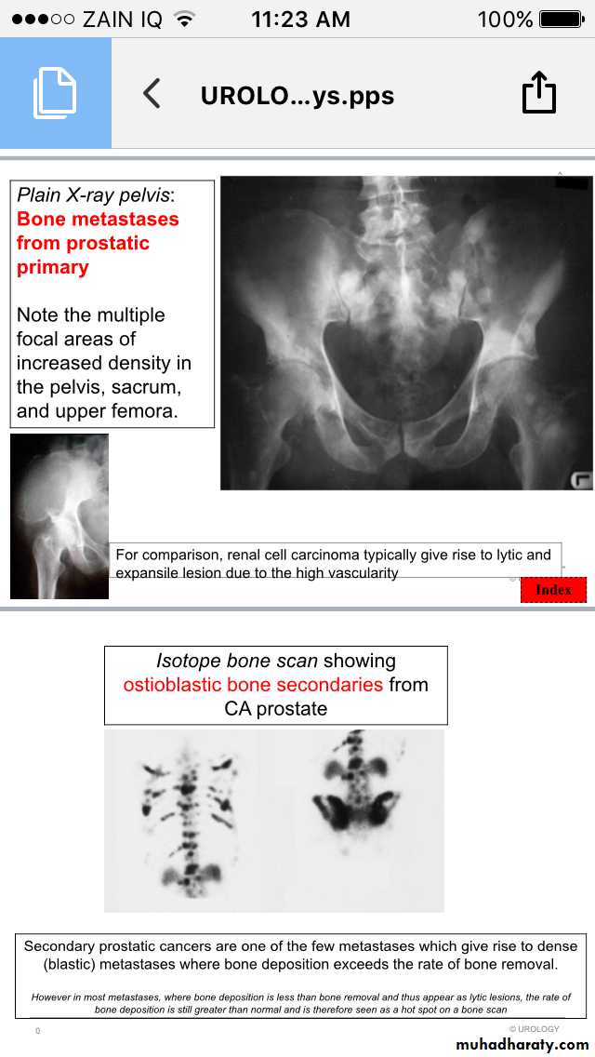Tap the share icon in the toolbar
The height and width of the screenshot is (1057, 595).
(538, 93)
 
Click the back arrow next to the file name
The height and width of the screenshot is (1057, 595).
(152, 93)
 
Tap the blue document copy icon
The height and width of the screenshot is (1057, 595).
(55, 93)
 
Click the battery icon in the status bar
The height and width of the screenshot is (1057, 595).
(562, 19)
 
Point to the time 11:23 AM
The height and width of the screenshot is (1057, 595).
(300, 19)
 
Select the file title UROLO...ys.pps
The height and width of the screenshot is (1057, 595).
(297, 95)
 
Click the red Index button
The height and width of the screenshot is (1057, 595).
(553, 589)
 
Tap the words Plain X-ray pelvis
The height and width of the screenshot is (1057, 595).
(93, 195)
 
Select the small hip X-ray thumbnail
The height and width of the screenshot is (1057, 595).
(59, 515)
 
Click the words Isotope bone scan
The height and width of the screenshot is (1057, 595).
(237, 661)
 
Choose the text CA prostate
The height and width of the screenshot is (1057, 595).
(275, 709)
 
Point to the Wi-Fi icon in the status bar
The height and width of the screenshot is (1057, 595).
(184, 19)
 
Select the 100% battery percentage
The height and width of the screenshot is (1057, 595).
(505, 19)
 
